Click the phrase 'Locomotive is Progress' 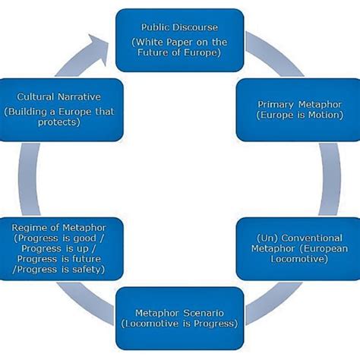click(180, 324)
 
